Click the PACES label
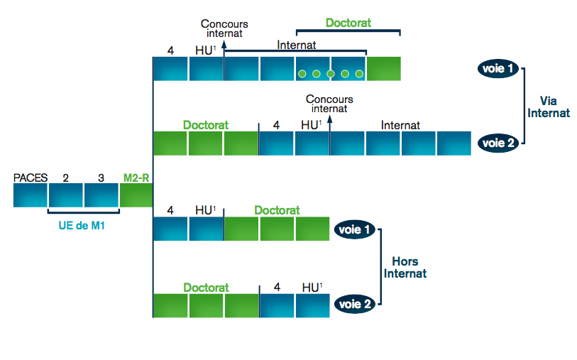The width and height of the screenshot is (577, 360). point(30,178)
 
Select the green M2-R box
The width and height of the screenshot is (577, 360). point(136,195)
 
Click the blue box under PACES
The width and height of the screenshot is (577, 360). point(30,195)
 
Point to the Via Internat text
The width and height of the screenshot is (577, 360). point(549,107)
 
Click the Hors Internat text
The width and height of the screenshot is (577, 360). point(405,267)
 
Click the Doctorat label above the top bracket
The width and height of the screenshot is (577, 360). point(348,23)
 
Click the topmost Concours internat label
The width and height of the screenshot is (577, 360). point(224,28)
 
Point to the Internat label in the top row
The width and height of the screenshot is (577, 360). point(296,44)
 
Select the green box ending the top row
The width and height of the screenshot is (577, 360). point(384,69)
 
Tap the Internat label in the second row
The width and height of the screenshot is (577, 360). point(400,125)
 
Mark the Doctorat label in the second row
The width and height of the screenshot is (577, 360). point(206,125)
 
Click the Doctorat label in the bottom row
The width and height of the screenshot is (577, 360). point(206,288)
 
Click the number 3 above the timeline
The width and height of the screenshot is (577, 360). point(101,178)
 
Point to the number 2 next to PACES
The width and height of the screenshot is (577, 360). point(65,178)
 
